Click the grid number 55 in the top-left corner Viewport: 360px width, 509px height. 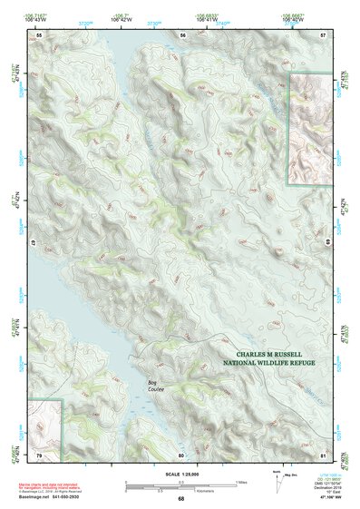click(39, 34)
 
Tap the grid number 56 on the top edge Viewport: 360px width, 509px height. click(181, 34)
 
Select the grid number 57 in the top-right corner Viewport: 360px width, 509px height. click(323, 34)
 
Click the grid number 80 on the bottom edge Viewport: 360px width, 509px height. click(181, 454)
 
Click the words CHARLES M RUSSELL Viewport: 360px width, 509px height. click(275, 356)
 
